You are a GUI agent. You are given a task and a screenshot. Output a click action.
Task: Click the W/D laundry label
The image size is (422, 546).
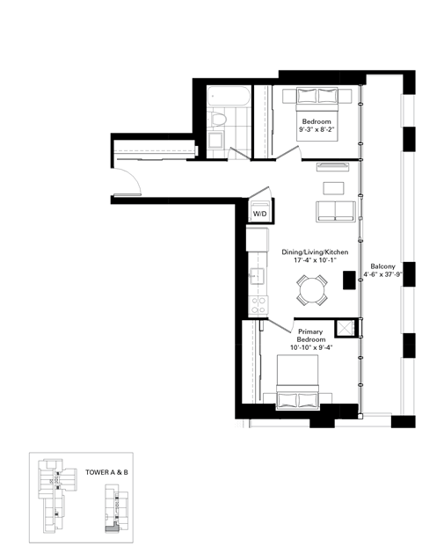pyautogui.click(x=260, y=214)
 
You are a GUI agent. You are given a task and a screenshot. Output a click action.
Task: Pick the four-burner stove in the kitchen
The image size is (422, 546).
pyautogui.click(x=259, y=305)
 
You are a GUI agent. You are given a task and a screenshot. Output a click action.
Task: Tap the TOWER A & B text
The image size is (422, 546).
pyautogui.click(x=106, y=472)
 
